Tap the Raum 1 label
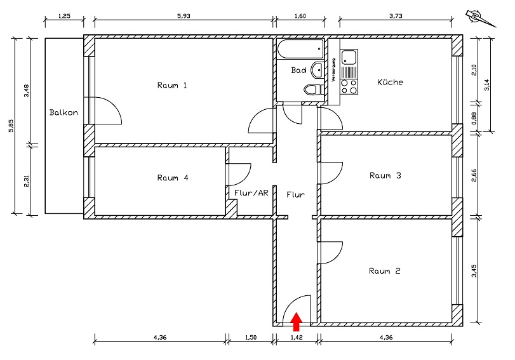tap(172, 85)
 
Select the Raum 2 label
tap(385, 271)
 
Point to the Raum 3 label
tap(385, 176)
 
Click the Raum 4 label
tap(172, 178)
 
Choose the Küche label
tap(390, 82)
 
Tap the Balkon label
tap(64, 113)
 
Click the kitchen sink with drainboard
tap(349, 59)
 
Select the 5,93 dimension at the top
tap(184, 16)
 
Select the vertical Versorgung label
tap(333, 70)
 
